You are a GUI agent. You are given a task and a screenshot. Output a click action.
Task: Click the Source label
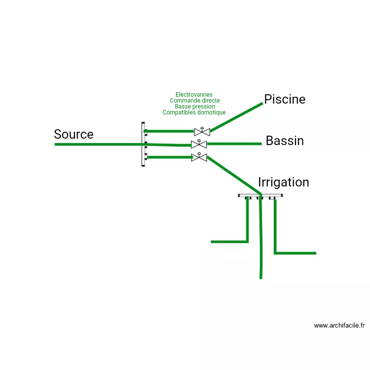pos(74,134)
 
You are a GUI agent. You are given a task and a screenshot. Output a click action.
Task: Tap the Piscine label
pos(285,99)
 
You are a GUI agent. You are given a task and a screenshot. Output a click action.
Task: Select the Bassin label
pos(285,141)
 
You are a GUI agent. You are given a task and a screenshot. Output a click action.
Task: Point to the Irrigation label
pos(283,182)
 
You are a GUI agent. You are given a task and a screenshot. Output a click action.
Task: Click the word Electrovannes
pos(194,94)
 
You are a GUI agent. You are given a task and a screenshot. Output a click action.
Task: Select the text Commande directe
pos(194,100)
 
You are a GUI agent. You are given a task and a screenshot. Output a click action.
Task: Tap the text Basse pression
pos(194,106)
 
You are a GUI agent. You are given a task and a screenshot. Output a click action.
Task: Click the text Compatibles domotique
pos(194,112)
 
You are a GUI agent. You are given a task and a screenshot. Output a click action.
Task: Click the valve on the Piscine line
pos(202,131)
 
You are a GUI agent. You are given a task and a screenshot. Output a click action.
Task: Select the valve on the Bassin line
pos(199,144)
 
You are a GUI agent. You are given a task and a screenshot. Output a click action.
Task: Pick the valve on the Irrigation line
pos(199,157)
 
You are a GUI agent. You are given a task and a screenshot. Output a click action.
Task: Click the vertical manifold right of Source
pos(144,144)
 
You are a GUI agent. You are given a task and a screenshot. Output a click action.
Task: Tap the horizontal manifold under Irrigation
pos(260,196)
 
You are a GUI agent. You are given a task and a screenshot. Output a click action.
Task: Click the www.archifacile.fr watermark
pos(339,325)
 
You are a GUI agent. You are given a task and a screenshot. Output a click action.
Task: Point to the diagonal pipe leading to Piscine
pos(237,117)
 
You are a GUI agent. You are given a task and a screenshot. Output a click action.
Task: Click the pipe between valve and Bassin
pos(234,144)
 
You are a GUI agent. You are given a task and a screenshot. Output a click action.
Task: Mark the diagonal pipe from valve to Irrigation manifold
pos(233,175)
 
